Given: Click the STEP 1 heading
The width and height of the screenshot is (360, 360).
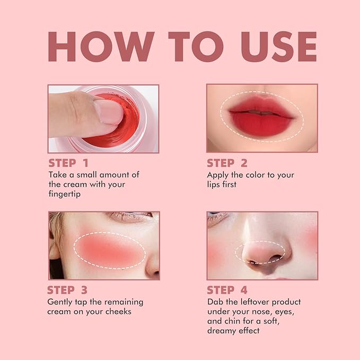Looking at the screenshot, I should (x=68, y=163).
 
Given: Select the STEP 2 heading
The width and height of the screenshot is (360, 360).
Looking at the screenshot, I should (x=227, y=163).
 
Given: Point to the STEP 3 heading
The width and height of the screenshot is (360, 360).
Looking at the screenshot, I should (x=67, y=290).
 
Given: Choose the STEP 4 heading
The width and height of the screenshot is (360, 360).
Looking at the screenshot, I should (x=227, y=290).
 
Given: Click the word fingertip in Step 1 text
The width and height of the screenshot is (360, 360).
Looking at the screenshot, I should (x=66, y=195).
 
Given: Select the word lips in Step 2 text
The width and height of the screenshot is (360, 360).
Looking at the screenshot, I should (x=216, y=185).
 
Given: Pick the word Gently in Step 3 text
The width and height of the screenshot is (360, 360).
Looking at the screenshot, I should (x=60, y=302).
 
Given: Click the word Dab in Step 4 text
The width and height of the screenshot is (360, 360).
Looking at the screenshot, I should (x=215, y=302).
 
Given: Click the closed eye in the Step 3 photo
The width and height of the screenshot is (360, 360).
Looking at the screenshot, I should (x=128, y=217).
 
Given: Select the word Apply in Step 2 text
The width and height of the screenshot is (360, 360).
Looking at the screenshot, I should (x=218, y=174).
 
